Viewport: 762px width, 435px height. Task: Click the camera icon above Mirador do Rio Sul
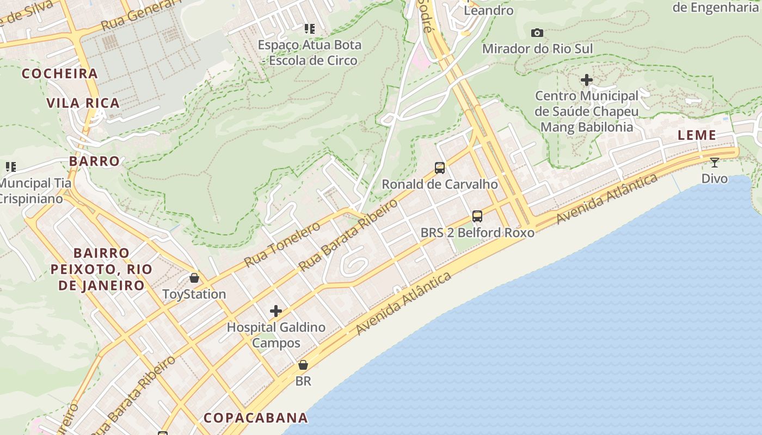click(x=537, y=33)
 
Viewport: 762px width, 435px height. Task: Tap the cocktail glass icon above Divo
click(x=714, y=162)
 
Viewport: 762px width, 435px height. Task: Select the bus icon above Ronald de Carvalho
click(x=440, y=168)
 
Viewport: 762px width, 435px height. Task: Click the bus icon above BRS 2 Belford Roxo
click(x=477, y=216)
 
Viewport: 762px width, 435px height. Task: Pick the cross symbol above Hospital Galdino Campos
click(x=276, y=311)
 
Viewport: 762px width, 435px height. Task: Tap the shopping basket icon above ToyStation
click(x=194, y=278)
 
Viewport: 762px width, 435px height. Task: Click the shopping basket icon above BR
click(x=303, y=365)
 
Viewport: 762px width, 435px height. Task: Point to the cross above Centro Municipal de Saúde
click(x=587, y=80)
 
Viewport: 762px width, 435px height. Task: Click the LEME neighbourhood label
click(x=697, y=135)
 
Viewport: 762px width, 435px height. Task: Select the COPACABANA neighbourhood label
click(x=256, y=418)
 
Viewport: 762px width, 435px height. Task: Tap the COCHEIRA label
click(x=60, y=73)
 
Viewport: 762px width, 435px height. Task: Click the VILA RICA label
click(x=83, y=103)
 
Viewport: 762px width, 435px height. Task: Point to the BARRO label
click(x=95, y=161)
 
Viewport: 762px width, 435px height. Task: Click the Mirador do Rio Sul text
click(x=537, y=49)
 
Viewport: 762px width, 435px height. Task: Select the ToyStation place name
click(x=194, y=294)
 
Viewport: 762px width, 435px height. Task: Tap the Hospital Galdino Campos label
click(x=276, y=335)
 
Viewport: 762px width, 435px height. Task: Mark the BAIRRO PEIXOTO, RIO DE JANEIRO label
click(x=101, y=269)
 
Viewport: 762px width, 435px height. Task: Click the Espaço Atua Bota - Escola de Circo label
click(x=310, y=53)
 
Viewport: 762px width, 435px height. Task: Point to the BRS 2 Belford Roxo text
click(x=477, y=233)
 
